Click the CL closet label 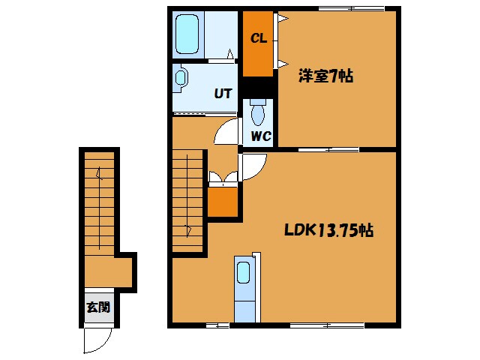(x=259, y=38)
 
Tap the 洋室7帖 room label (x=325, y=76)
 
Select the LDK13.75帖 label (x=328, y=230)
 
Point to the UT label (x=223, y=94)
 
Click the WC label (x=261, y=136)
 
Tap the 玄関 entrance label (x=98, y=307)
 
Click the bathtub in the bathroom (x=187, y=34)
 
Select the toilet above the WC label (x=258, y=112)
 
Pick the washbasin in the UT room (x=180, y=78)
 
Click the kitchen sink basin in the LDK (x=244, y=272)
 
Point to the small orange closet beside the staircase (x=223, y=202)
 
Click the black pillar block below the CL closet (x=258, y=87)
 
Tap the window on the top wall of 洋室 (x=352, y=9)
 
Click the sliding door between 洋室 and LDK (x=328, y=150)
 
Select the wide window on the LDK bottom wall (x=327, y=325)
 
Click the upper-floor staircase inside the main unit (x=187, y=201)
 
